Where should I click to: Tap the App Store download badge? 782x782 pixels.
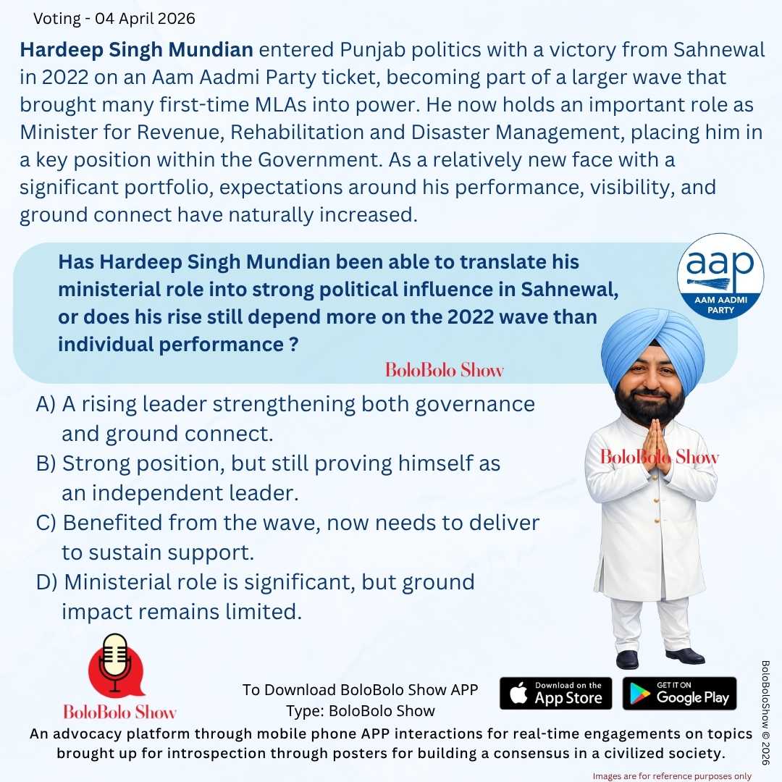(x=555, y=693)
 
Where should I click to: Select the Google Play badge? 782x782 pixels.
(x=679, y=693)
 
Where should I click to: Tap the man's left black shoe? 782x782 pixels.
(x=627, y=659)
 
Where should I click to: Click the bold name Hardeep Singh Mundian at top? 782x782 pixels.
(x=136, y=51)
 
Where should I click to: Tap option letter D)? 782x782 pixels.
(x=46, y=582)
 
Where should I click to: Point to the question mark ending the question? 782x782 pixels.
(x=293, y=345)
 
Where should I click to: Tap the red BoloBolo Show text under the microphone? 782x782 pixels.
(x=119, y=710)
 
